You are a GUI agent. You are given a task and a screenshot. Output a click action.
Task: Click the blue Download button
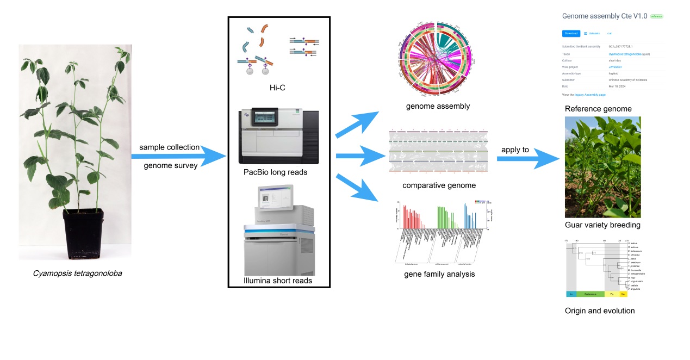[571, 33]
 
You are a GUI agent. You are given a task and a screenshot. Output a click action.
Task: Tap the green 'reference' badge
[656, 17]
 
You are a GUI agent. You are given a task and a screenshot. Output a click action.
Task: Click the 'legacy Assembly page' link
[590, 95]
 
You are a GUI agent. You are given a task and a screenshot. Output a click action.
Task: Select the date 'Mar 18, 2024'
[619, 86]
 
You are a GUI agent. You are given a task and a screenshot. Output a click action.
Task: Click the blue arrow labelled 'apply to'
[528, 160]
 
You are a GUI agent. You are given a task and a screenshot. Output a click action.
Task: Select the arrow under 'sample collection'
[179, 157]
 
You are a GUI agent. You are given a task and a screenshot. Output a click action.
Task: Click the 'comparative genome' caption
[439, 185]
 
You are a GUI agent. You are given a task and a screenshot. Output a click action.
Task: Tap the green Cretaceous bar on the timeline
[590, 294]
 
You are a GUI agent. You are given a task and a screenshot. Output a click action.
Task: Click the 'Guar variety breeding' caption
[602, 225]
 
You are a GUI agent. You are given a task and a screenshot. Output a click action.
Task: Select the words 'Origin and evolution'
[600, 311]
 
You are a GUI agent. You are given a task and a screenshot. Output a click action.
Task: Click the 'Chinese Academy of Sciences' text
[627, 80]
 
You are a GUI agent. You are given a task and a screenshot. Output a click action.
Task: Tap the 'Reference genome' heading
[598, 109]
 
